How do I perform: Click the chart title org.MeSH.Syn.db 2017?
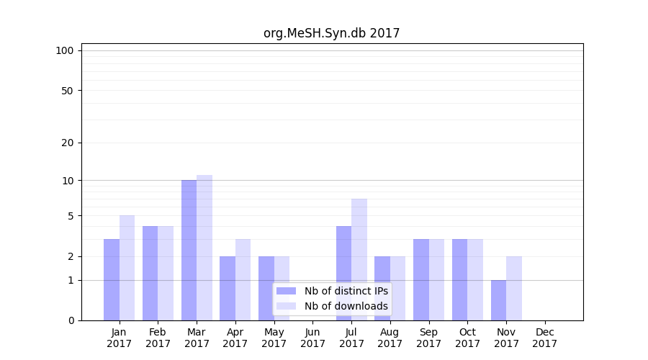point(331,33)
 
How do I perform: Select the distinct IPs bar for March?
point(189,250)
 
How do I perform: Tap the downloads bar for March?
point(204,248)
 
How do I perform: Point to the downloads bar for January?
point(127,268)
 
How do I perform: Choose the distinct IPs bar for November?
point(498,300)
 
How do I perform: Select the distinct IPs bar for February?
point(150,273)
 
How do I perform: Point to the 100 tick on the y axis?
point(65,50)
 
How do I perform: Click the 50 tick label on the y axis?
point(68,91)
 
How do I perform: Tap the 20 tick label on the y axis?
point(68,143)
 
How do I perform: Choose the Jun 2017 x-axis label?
point(312,338)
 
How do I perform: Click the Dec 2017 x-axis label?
point(544,338)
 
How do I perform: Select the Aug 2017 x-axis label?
point(390,338)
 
